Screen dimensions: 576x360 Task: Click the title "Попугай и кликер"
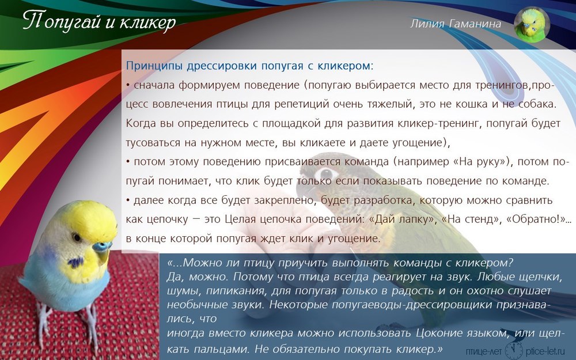tap(99, 21)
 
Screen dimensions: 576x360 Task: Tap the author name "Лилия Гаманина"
tap(456, 24)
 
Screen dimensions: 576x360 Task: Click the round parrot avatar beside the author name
tap(532, 25)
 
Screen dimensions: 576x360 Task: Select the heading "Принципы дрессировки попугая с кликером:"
tap(249, 66)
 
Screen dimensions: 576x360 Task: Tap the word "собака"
tap(537, 104)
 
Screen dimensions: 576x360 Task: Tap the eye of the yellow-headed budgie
tap(77, 237)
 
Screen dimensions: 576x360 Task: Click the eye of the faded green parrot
tap(325, 173)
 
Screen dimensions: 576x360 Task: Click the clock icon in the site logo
tap(514, 350)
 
